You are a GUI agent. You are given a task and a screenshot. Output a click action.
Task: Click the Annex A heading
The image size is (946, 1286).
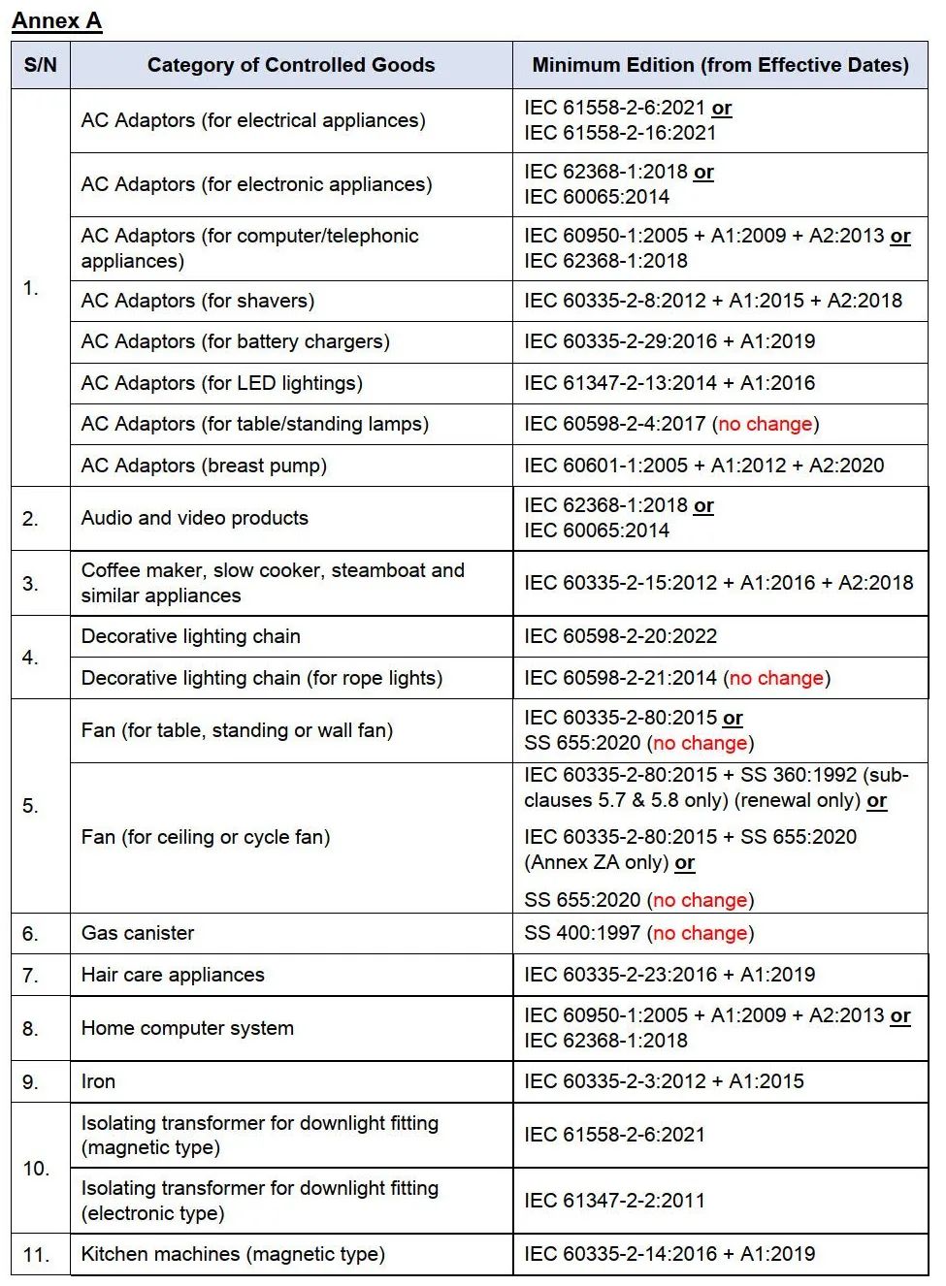(x=56, y=20)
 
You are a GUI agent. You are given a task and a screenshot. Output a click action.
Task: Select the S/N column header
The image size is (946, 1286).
(x=41, y=65)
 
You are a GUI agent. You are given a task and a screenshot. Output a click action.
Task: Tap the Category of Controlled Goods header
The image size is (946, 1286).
(x=290, y=65)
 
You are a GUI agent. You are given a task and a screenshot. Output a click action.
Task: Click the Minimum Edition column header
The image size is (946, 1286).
(x=720, y=65)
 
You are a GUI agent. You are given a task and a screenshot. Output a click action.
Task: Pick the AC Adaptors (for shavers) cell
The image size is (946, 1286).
(x=198, y=301)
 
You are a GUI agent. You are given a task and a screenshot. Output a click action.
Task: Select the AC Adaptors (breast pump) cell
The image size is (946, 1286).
(x=204, y=466)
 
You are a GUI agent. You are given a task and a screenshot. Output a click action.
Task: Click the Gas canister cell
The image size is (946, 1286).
(x=138, y=933)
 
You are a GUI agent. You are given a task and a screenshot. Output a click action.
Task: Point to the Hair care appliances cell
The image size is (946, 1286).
(x=173, y=975)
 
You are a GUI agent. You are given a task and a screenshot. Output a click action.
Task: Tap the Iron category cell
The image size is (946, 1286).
(x=98, y=1081)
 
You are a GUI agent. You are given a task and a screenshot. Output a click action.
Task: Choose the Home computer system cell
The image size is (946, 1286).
(x=187, y=1028)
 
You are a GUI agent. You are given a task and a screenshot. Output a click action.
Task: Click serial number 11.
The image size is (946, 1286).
(x=36, y=1255)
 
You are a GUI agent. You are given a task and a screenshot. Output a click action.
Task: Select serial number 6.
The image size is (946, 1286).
(x=31, y=934)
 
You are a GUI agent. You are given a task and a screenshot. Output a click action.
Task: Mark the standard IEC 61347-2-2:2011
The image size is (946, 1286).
(x=614, y=1201)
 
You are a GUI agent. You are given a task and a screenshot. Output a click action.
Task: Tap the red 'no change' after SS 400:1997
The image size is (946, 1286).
(x=701, y=933)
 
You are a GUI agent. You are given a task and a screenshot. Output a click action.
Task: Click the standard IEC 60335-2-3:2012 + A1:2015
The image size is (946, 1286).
(x=664, y=1081)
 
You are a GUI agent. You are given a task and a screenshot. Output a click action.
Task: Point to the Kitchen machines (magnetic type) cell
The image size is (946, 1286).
(x=233, y=1254)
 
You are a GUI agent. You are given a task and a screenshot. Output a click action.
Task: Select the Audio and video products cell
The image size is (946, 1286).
(x=195, y=518)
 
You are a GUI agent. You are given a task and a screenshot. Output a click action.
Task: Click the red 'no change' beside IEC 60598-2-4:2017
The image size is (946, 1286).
(x=766, y=424)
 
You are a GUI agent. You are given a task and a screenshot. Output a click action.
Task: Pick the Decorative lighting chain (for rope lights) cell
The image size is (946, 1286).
(x=262, y=678)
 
